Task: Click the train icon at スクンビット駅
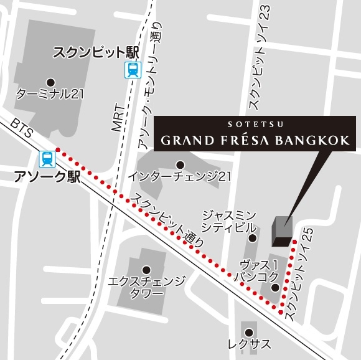[132, 70]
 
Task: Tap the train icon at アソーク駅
[47, 159]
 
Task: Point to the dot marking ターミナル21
[50, 81]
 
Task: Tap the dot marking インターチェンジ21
[179, 164]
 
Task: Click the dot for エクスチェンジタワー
[146, 270]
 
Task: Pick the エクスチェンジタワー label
[146, 288]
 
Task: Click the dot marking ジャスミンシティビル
[252, 237]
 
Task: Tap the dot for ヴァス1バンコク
[274, 287]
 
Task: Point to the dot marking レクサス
[248, 331]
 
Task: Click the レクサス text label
[248, 344]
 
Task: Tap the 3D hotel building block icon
[283, 230]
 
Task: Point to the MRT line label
[118, 118]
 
